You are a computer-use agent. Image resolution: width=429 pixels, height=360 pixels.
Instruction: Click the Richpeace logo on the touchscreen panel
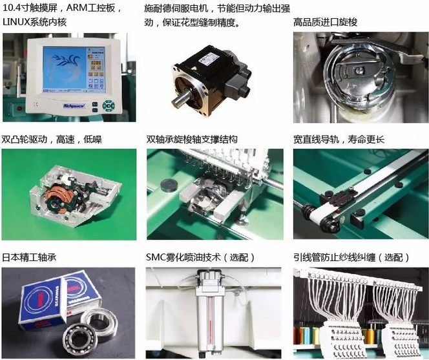[x=74, y=105]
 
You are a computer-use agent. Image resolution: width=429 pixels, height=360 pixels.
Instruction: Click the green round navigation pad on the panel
[x=109, y=105]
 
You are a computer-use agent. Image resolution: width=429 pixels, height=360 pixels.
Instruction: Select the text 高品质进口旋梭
[x=326, y=22]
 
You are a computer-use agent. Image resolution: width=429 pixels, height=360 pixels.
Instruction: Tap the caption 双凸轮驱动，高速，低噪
[x=52, y=140]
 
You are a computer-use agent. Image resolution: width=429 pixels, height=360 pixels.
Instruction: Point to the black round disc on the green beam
[x=168, y=184]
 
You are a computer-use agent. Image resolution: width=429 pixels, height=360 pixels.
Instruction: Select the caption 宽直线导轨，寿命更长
[x=339, y=140]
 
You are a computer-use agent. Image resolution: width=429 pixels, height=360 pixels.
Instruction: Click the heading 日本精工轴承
[x=29, y=257]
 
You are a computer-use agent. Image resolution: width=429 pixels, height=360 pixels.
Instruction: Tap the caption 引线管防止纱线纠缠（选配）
[x=351, y=257]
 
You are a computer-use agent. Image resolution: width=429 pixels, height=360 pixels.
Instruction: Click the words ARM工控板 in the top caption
[x=91, y=8]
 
